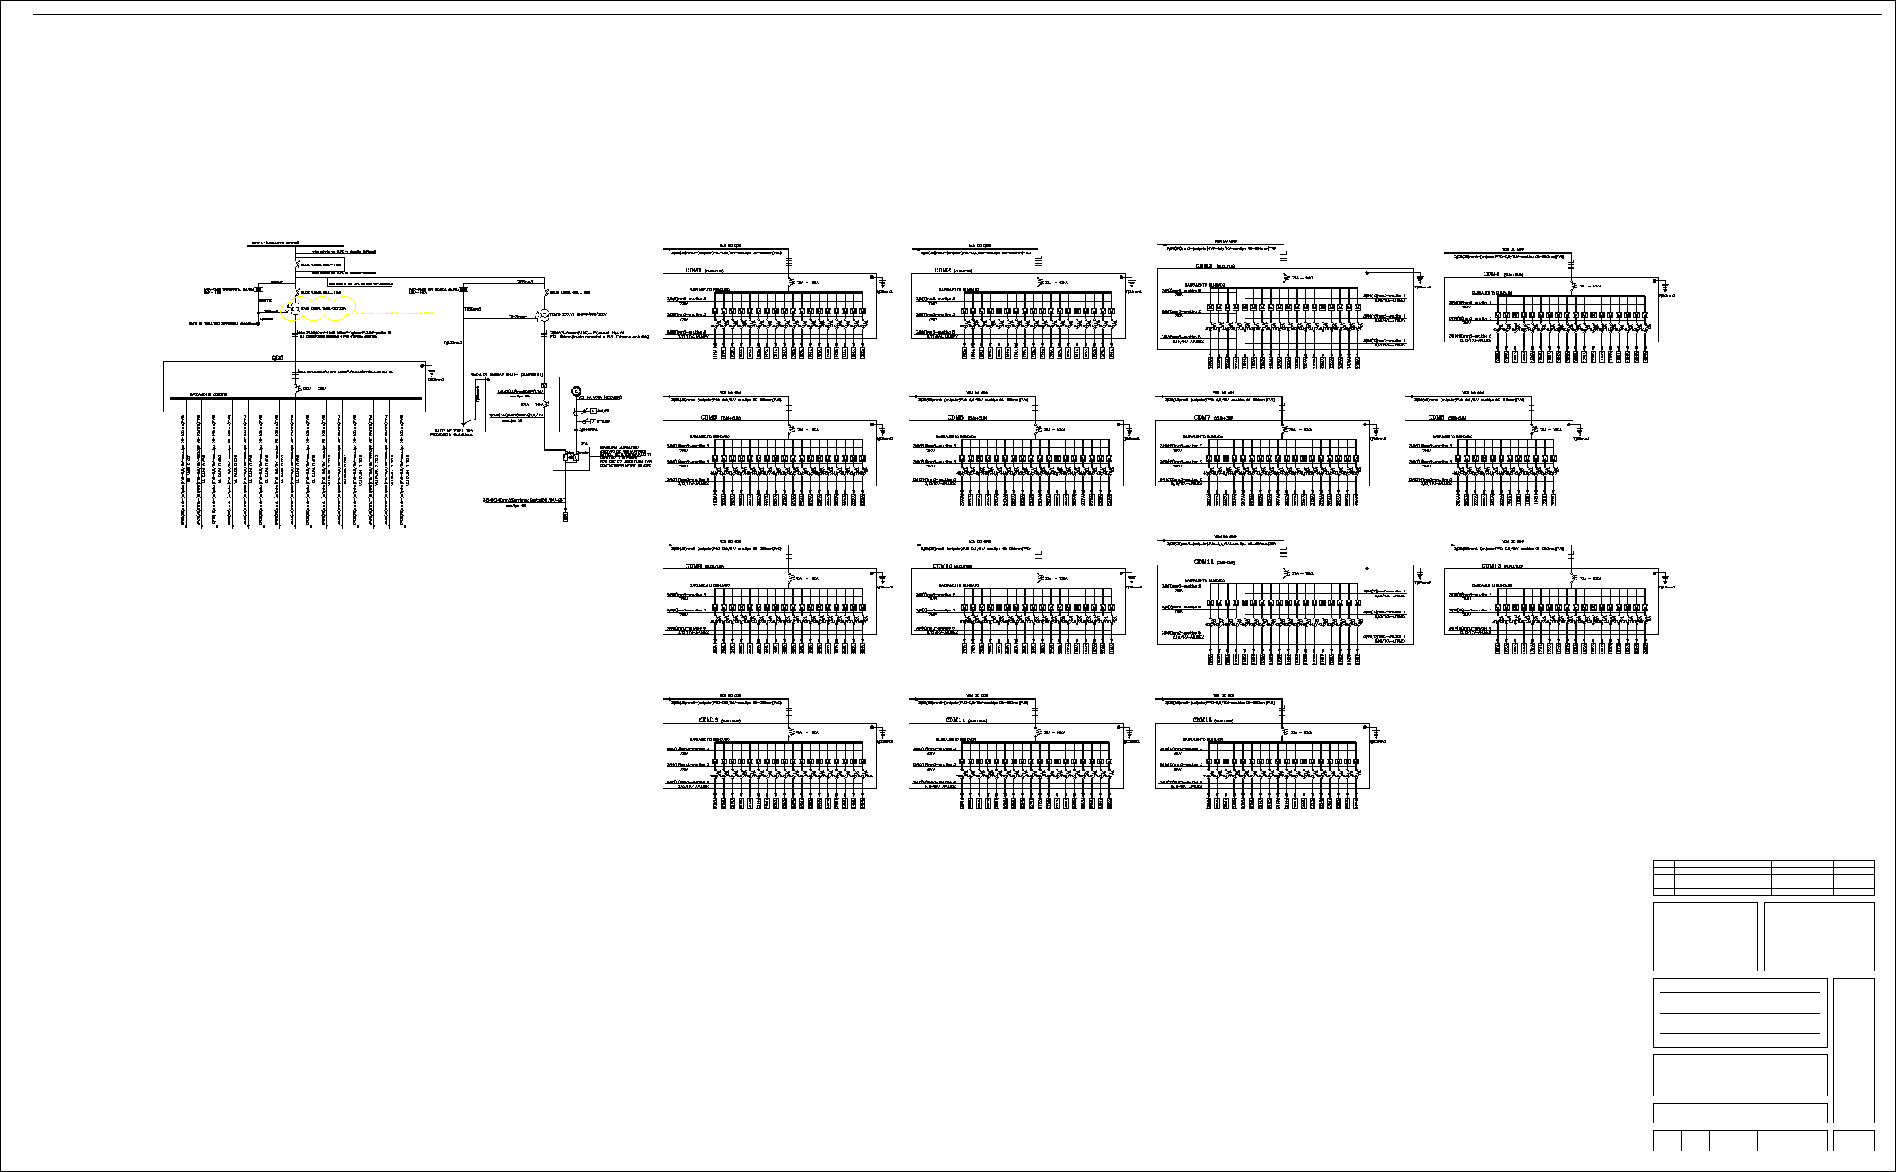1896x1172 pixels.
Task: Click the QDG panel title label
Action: (x=278, y=358)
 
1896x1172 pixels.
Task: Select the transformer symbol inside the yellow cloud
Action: (x=294, y=308)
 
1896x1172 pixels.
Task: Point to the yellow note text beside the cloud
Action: (x=395, y=314)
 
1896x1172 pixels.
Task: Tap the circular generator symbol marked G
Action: (x=577, y=392)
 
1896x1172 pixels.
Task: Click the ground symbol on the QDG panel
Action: (x=431, y=371)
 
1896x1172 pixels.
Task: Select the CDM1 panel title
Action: (x=693, y=270)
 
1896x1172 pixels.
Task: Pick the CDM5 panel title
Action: (x=708, y=417)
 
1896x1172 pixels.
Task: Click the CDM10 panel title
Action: (x=943, y=566)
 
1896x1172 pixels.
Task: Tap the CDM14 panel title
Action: (x=956, y=720)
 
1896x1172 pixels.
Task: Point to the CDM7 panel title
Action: (x=1202, y=417)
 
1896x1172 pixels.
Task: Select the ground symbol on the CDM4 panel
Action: (x=1665, y=287)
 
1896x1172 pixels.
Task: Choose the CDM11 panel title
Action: (x=1204, y=561)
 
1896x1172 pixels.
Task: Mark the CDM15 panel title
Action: (x=1202, y=720)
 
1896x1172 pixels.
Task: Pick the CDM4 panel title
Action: (x=1491, y=274)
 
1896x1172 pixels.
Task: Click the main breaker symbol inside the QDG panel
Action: (x=295, y=388)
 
